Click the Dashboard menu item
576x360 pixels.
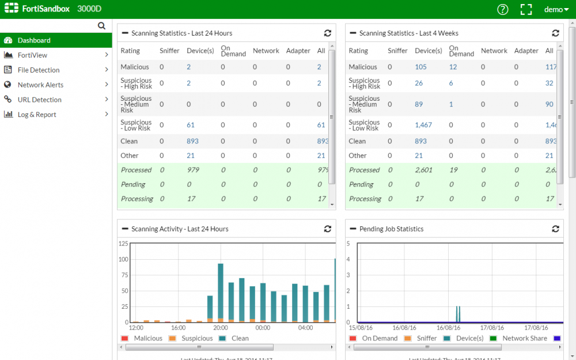click(x=34, y=40)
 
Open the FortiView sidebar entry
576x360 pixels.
click(x=32, y=55)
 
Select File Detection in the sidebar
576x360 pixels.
click(x=39, y=70)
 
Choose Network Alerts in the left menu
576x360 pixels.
click(x=40, y=85)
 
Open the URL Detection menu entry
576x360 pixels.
click(x=39, y=100)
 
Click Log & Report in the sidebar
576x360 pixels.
click(x=37, y=115)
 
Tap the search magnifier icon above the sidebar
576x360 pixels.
click(x=102, y=26)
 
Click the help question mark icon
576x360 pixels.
click(x=503, y=9)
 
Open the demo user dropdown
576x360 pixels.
click(x=556, y=9)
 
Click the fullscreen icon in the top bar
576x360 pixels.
click(x=526, y=9)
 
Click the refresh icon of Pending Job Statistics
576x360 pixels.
click(x=555, y=229)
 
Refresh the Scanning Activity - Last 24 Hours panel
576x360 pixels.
click(x=327, y=229)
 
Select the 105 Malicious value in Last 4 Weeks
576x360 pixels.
click(x=420, y=67)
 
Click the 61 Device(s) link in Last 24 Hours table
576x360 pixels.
click(x=191, y=125)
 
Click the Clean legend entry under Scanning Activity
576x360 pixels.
click(x=240, y=339)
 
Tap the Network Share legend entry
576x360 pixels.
click(x=524, y=339)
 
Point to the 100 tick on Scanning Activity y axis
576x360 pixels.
click(x=123, y=259)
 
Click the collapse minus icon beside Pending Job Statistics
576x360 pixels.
click(x=353, y=229)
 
